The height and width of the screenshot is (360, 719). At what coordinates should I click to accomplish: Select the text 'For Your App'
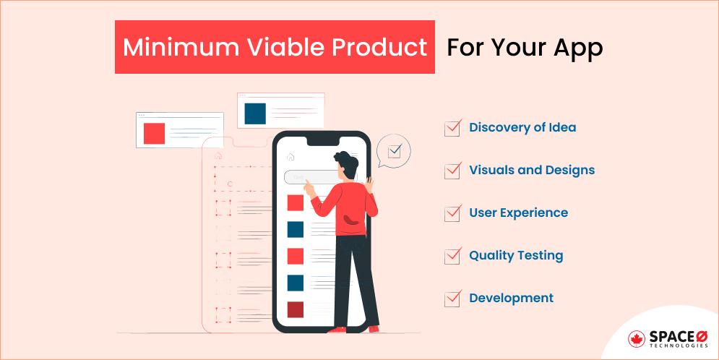tap(525, 48)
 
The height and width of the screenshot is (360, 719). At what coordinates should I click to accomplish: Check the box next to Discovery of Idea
tap(452, 128)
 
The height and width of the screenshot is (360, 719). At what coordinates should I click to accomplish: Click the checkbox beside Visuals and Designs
tap(452, 171)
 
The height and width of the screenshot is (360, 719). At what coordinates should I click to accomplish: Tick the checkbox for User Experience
tap(452, 213)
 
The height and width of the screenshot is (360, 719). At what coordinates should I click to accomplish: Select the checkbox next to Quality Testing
tap(452, 256)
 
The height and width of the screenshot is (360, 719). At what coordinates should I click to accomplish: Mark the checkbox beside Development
tap(452, 299)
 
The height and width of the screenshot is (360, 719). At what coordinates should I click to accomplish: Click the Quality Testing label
tap(516, 255)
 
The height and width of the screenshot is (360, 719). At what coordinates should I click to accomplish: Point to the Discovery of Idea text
tap(522, 127)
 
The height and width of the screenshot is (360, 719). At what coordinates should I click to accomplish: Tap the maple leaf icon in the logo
tap(637, 338)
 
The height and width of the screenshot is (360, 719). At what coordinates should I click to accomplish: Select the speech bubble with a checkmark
tap(394, 151)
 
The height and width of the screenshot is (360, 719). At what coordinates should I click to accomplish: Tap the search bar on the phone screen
tap(307, 176)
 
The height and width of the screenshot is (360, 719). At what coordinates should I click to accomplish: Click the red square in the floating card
tap(154, 134)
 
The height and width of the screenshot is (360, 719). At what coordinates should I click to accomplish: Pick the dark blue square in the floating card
tap(254, 113)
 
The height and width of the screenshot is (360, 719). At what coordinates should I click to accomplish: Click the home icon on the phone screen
tap(290, 156)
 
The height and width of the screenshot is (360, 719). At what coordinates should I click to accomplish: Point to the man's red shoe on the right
tap(374, 329)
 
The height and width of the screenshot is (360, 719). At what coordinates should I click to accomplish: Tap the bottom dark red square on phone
tap(295, 309)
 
